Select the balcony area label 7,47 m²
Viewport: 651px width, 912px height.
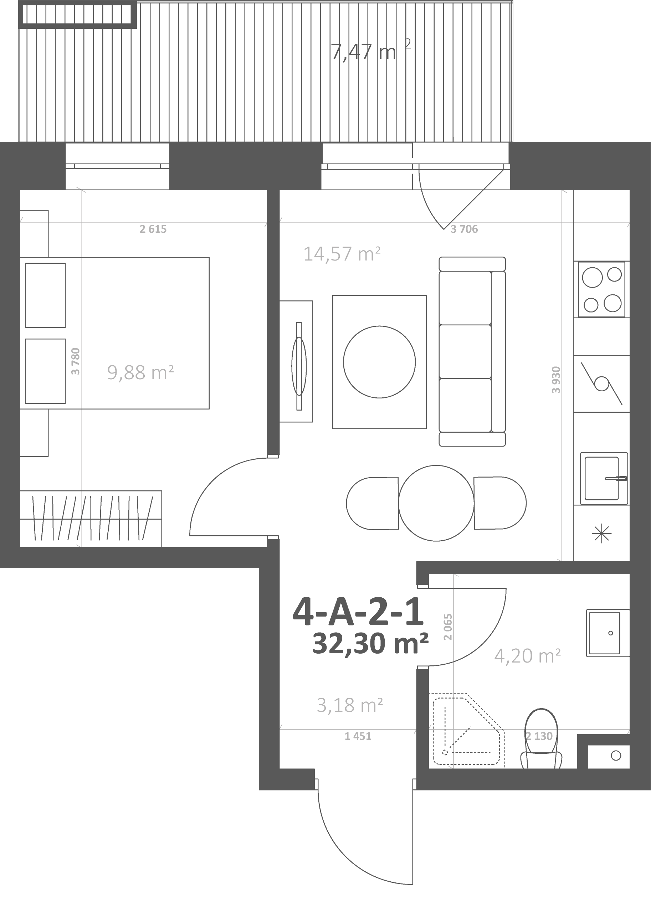pyautogui.click(x=371, y=51)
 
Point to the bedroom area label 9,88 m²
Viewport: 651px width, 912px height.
pyautogui.click(x=140, y=372)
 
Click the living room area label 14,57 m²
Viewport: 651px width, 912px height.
pyautogui.click(x=342, y=254)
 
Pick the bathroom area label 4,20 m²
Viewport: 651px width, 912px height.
pyautogui.click(x=528, y=656)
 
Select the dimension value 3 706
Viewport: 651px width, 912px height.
pyautogui.click(x=464, y=229)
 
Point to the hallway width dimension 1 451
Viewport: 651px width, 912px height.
pyautogui.click(x=358, y=736)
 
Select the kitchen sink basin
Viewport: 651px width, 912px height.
pyautogui.click(x=603, y=478)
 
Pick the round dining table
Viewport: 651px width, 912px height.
pyautogui.click(x=436, y=503)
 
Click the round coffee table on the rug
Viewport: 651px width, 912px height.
pyautogui.click(x=379, y=362)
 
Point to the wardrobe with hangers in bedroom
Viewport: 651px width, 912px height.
pyautogui.click(x=91, y=519)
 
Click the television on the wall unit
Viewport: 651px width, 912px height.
pyautogui.click(x=299, y=366)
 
